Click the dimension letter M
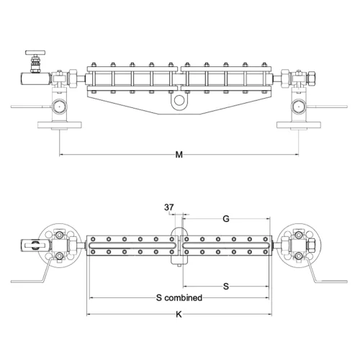point(179,155)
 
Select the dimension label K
point(179,315)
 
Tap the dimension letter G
point(226,219)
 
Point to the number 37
point(169,207)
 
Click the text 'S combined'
point(179,298)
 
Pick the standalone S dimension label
point(226,287)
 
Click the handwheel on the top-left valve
point(35,53)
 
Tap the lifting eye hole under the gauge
point(179,100)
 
